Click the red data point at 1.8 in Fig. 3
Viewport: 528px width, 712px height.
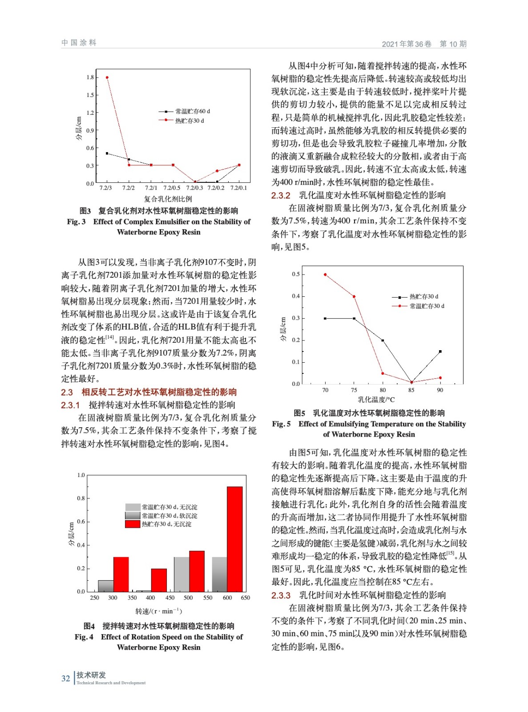(107, 77)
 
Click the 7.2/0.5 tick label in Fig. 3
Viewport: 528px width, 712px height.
(172, 188)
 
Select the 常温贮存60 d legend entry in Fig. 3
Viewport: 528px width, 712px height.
(192, 111)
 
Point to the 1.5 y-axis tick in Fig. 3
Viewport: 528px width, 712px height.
(90, 95)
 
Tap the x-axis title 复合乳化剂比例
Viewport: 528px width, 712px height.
(168, 199)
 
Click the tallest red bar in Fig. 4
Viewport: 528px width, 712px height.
(234, 538)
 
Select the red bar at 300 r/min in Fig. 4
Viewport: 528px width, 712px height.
(121, 574)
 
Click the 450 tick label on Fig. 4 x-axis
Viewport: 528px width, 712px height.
(170, 598)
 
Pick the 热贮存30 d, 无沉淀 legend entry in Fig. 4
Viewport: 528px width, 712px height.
(166, 524)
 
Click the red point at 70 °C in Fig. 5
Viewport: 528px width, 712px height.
(325, 275)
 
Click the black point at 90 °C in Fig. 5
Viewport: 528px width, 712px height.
(440, 352)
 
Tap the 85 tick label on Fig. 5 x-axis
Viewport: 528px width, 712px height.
(411, 390)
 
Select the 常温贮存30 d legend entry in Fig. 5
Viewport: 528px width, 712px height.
(427, 306)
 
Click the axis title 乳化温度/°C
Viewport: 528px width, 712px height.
(376, 400)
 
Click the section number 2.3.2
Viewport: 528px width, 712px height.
(281, 195)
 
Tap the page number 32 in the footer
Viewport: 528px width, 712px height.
(65, 679)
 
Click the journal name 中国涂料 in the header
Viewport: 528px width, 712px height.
(79, 43)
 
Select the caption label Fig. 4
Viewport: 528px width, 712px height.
(84, 637)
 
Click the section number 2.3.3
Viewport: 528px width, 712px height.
(281, 595)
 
